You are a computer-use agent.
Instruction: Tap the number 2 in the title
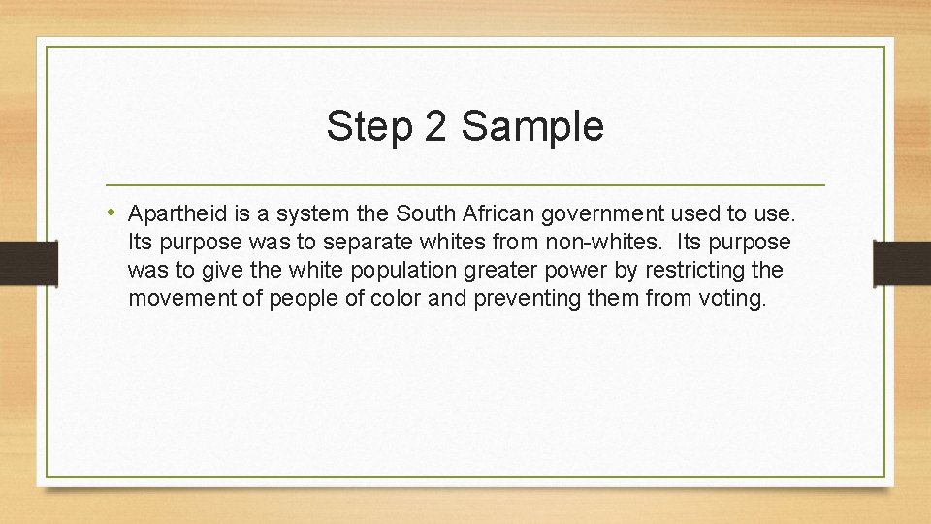(x=434, y=127)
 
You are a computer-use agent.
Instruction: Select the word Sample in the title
(x=532, y=127)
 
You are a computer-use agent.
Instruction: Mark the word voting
(x=732, y=297)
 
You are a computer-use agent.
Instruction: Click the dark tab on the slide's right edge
(x=901, y=263)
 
